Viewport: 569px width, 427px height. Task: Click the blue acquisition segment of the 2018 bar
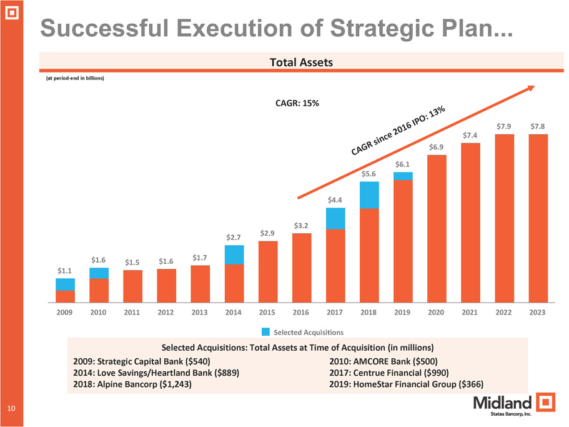pos(370,194)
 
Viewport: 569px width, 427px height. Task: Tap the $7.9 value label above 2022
pos(505,127)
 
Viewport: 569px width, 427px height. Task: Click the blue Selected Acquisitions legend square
pos(265,331)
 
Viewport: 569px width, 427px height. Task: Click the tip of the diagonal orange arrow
pos(532,87)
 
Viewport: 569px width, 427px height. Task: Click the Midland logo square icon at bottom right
pos(547,403)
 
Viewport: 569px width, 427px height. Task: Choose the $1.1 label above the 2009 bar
pos(65,271)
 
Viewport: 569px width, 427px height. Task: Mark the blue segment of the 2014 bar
pos(234,254)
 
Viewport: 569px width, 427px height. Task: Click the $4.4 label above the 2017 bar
pos(335,200)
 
